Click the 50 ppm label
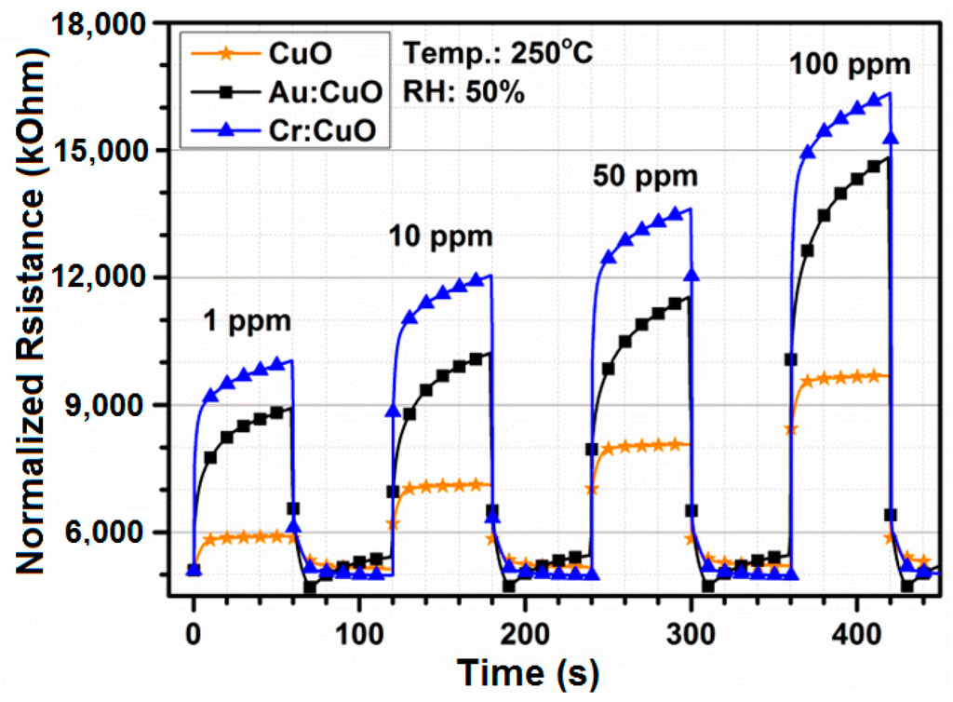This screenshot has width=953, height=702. point(644,175)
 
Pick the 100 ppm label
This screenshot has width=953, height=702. point(850,67)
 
